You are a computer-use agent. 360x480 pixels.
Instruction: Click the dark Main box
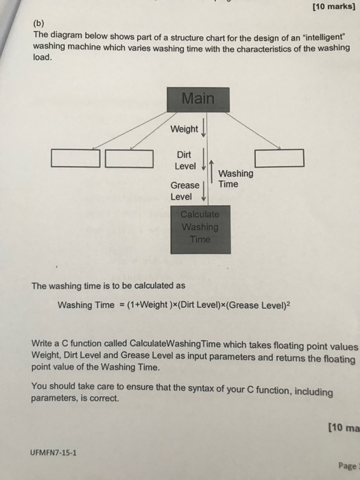tap(198, 99)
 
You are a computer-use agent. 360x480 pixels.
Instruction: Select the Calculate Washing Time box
tap(200, 229)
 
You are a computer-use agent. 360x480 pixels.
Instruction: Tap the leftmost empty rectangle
tap(75, 158)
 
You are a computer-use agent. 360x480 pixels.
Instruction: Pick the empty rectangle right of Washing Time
tap(280, 158)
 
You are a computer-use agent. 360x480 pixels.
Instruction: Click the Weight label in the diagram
tap(184, 129)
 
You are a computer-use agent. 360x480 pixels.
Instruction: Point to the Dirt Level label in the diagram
tap(185, 160)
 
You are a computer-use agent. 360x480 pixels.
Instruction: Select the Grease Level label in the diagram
tap(184, 191)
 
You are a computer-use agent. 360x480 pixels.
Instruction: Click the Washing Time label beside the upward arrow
tap(236, 179)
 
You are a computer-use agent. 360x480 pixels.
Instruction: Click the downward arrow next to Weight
tap(203, 129)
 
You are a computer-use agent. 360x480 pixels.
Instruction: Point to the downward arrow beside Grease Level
tap(203, 191)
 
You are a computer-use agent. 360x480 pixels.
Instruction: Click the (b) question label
tap(38, 23)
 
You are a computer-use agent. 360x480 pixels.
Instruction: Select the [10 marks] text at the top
tap(334, 6)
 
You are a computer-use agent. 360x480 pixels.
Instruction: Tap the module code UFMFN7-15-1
tap(53, 453)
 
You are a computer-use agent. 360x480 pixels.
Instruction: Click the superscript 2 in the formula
tap(288, 304)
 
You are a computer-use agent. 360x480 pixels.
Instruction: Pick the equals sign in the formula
tap(121, 305)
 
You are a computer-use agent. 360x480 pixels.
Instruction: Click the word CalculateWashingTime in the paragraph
tap(175, 344)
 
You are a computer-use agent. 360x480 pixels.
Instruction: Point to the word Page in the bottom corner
tap(348, 466)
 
